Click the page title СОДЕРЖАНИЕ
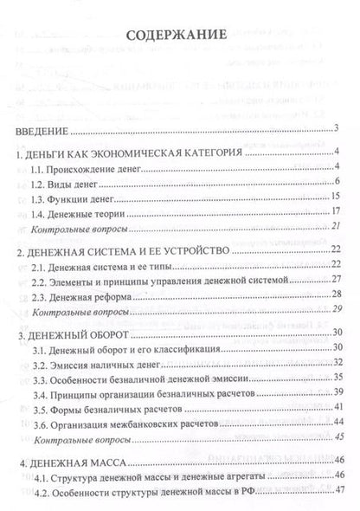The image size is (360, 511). (177, 36)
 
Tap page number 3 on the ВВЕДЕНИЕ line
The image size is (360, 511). (334, 130)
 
